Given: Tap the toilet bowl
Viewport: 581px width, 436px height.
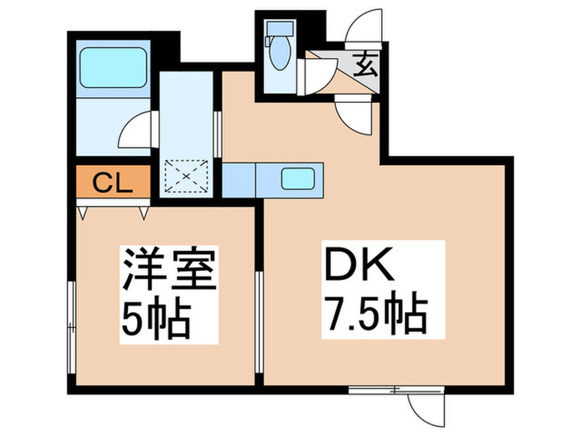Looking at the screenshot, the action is point(279,56).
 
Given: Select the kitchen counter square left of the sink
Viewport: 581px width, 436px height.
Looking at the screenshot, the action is point(238,178).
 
